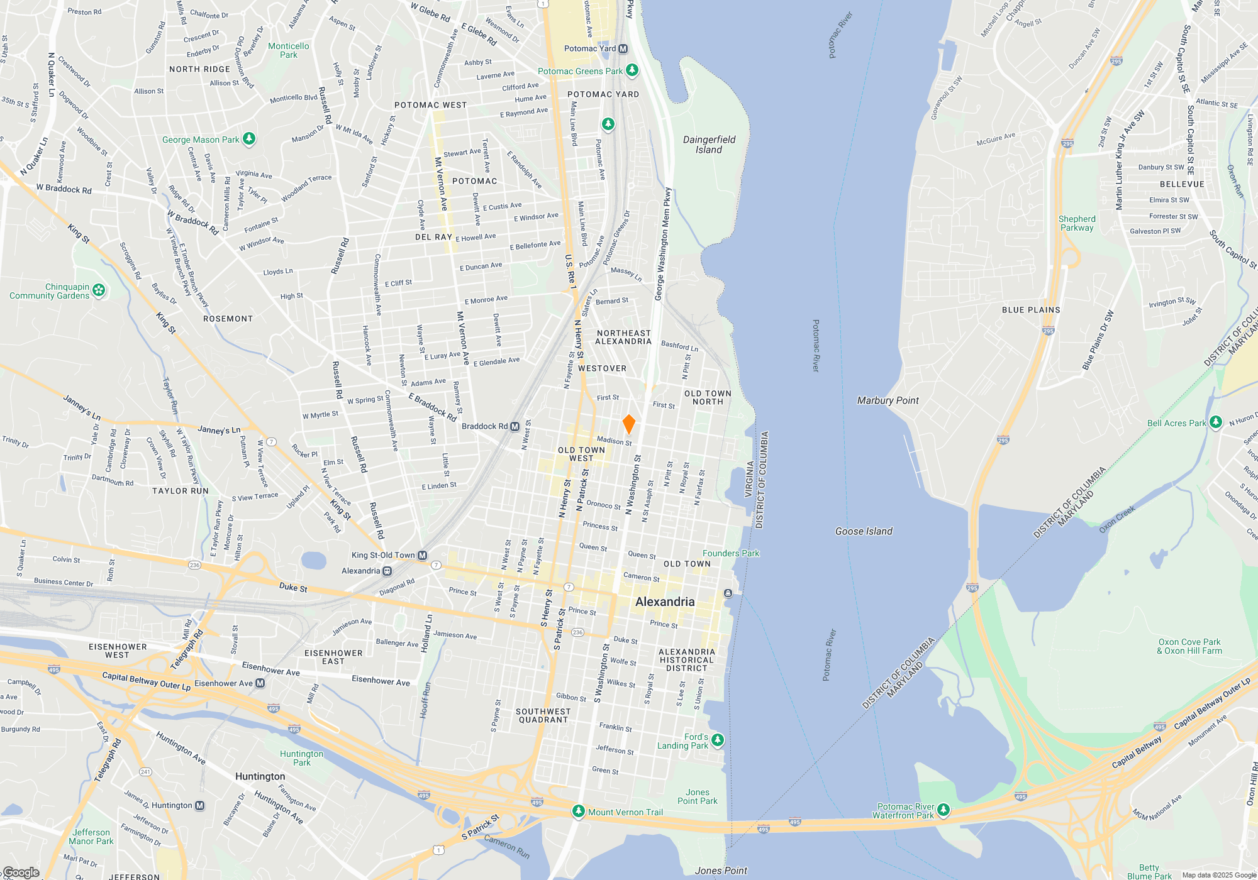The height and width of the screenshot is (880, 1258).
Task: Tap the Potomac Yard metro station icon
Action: pyautogui.click(x=623, y=48)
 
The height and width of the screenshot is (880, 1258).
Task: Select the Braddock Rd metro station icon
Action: pyautogui.click(x=515, y=426)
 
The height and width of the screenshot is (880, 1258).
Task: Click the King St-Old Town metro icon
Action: pyautogui.click(x=422, y=555)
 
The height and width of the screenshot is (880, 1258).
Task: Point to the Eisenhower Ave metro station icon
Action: pyautogui.click(x=260, y=683)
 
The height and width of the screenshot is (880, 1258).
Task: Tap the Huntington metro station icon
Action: pyautogui.click(x=199, y=805)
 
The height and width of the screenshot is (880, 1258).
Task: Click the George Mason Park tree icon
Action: pyautogui.click(x=249, y=138)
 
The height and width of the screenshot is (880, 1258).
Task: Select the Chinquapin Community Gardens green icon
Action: pyautogui.click(x=99, y=290)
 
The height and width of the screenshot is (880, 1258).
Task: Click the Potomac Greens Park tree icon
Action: pyautogui.click(x=632, y=70)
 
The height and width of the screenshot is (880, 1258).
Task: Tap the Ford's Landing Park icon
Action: pyautogui.click(x=718, y=740)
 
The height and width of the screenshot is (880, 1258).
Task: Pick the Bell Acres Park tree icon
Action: pyautogui.click(x=1216, y=422)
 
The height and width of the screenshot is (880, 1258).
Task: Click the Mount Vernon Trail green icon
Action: pyautogui.click(x=578, y=811)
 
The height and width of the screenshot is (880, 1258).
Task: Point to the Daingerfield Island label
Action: pyautogui.click(x=709, y=145)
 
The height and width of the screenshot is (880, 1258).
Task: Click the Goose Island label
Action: pyautogui.click(x=864, y=531)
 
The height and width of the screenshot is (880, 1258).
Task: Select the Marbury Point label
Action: pyautogui.click(x=888, y=400)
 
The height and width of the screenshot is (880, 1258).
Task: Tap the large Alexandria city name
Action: pyautogui.click(x=665, y=602)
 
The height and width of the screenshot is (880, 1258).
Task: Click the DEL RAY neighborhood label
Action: pyautogui.click(x=433, y=237)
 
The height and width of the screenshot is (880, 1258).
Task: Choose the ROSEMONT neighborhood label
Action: pyautogui.click(x=228, y=319)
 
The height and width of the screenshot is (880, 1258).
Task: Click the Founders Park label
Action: pyautogui.click(x=731, y=553)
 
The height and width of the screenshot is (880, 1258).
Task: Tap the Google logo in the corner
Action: pyautogui.click(x=21, y=872)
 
